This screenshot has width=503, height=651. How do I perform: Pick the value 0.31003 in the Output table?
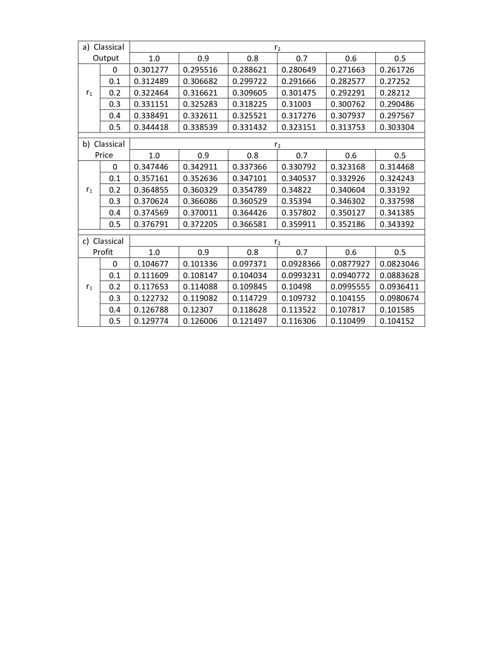click(x=294, y=104)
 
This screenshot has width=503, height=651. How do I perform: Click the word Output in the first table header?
click(x=106, y=58)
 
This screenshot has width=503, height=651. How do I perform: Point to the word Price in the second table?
click(x=104, y=155)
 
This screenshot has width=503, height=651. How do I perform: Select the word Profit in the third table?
click(x=103, y=252)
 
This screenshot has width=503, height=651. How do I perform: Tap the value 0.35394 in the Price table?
click(x=294, y=201)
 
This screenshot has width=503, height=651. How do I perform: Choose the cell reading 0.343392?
click(x=397, y=224)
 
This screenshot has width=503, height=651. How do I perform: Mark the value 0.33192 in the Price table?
click(x=393, y=190)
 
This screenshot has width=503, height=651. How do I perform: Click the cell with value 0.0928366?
click(x=301, y=264)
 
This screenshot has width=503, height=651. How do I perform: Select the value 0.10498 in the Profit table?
click(x=294, y=287)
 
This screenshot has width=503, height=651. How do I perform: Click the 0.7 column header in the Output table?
click(x=301, y=58)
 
